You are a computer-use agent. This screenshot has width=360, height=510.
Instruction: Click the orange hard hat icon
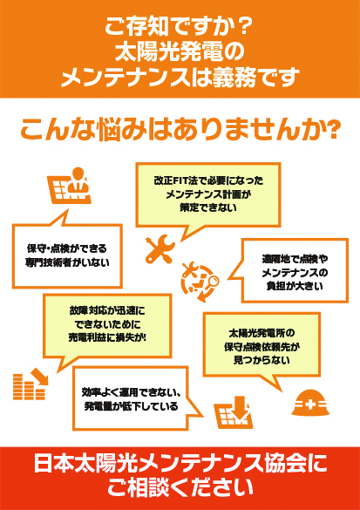[x=310, y=404]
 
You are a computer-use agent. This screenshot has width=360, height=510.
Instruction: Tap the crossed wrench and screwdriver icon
[x=160, y=248]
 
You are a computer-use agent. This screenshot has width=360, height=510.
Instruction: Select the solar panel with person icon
[x=69, y=186]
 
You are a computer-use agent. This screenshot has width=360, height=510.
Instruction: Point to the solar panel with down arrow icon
[x=233, y=411]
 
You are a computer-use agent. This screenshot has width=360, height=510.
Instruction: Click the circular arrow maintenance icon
[x=200, y=282]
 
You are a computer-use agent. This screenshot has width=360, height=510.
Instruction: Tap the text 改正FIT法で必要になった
[x=208, y=180]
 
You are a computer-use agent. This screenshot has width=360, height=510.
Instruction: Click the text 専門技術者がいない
[x=67, y=262]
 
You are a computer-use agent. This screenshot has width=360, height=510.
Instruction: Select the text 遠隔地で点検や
[x=295, y=259]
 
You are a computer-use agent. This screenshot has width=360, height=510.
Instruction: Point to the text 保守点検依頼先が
[x=262, y=347]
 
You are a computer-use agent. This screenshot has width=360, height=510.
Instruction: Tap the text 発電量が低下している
[x=131, y=406]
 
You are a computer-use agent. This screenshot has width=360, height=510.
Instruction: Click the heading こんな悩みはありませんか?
[x=179, y=130]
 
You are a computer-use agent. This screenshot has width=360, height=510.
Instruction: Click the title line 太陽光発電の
[x=180, y=51]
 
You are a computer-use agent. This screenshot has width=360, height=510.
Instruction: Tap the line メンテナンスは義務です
[x=180, y=78]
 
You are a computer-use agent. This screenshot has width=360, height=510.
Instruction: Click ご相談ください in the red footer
[x=180, y=487]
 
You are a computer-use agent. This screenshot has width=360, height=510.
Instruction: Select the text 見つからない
[x=262, y=360]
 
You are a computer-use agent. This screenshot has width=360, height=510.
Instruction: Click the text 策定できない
[x=208, y=207]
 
